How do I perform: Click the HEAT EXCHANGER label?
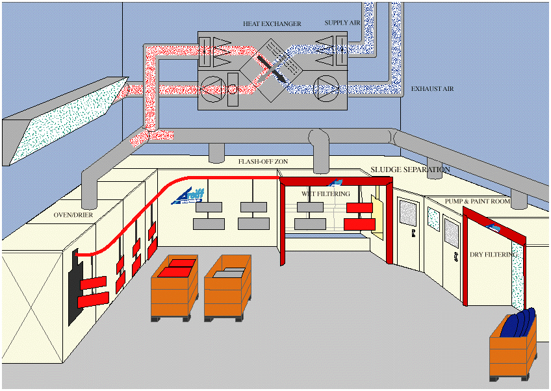pyautogui.click(x=272, y=24)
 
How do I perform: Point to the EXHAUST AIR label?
pyautogui.click(x=432, y=88)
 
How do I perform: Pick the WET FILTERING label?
pyautogui.click(x=326, y=194)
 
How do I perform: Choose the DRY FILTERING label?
pyautogui.click(x=493, y=255)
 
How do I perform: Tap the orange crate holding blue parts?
pyautogui.click(x=515, y=351)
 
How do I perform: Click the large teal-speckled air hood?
pyautogui.click(x=62, y=120)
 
